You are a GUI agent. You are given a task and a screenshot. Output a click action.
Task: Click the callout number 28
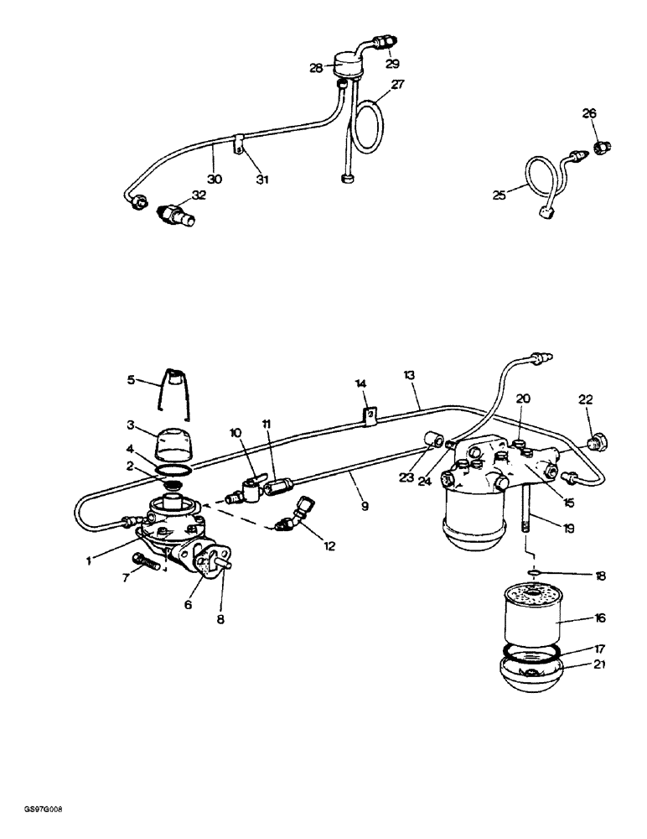[316, 68]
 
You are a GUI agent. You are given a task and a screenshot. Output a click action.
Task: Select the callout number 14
[361, 383]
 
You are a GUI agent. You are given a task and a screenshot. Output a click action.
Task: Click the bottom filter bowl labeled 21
[531, 673]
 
